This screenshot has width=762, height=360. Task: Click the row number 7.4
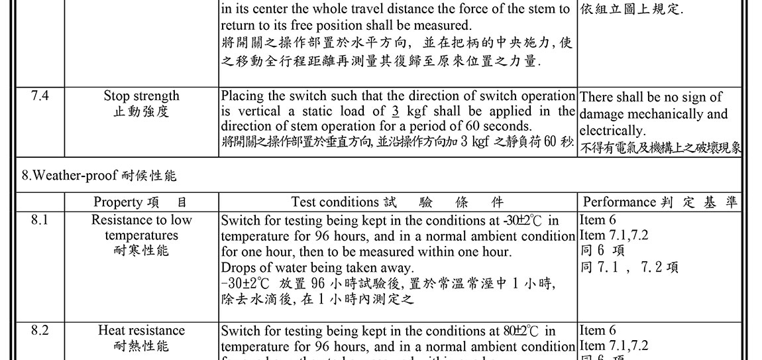(x=40, y=96)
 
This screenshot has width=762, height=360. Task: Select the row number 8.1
(x=40, y=220)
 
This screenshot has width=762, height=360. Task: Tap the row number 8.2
(x=40, y=331)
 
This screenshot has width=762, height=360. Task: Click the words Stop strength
(x=141, y=96)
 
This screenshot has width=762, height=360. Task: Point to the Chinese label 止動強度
(x=141, y=111)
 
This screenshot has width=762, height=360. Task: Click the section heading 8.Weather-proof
(x=70, y=176)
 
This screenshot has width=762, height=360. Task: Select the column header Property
(x=117, y=202)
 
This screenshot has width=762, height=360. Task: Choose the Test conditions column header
(x=335, y=202)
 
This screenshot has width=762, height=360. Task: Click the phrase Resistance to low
(x=141, y=220)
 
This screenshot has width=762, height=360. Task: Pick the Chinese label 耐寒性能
(x=141, y=251)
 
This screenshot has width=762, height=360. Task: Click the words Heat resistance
(x=141, y=331)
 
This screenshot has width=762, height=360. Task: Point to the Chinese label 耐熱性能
(x=141, y=346)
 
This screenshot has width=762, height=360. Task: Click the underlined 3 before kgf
(x=396, y=111)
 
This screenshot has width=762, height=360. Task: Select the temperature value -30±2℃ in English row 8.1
(x=523, y=220)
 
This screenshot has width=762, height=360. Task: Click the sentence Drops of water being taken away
(x=317, y=268)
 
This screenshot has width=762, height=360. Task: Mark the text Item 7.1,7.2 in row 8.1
(x=614, y=235)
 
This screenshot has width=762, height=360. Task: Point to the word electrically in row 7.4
(x=611, y=131)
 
